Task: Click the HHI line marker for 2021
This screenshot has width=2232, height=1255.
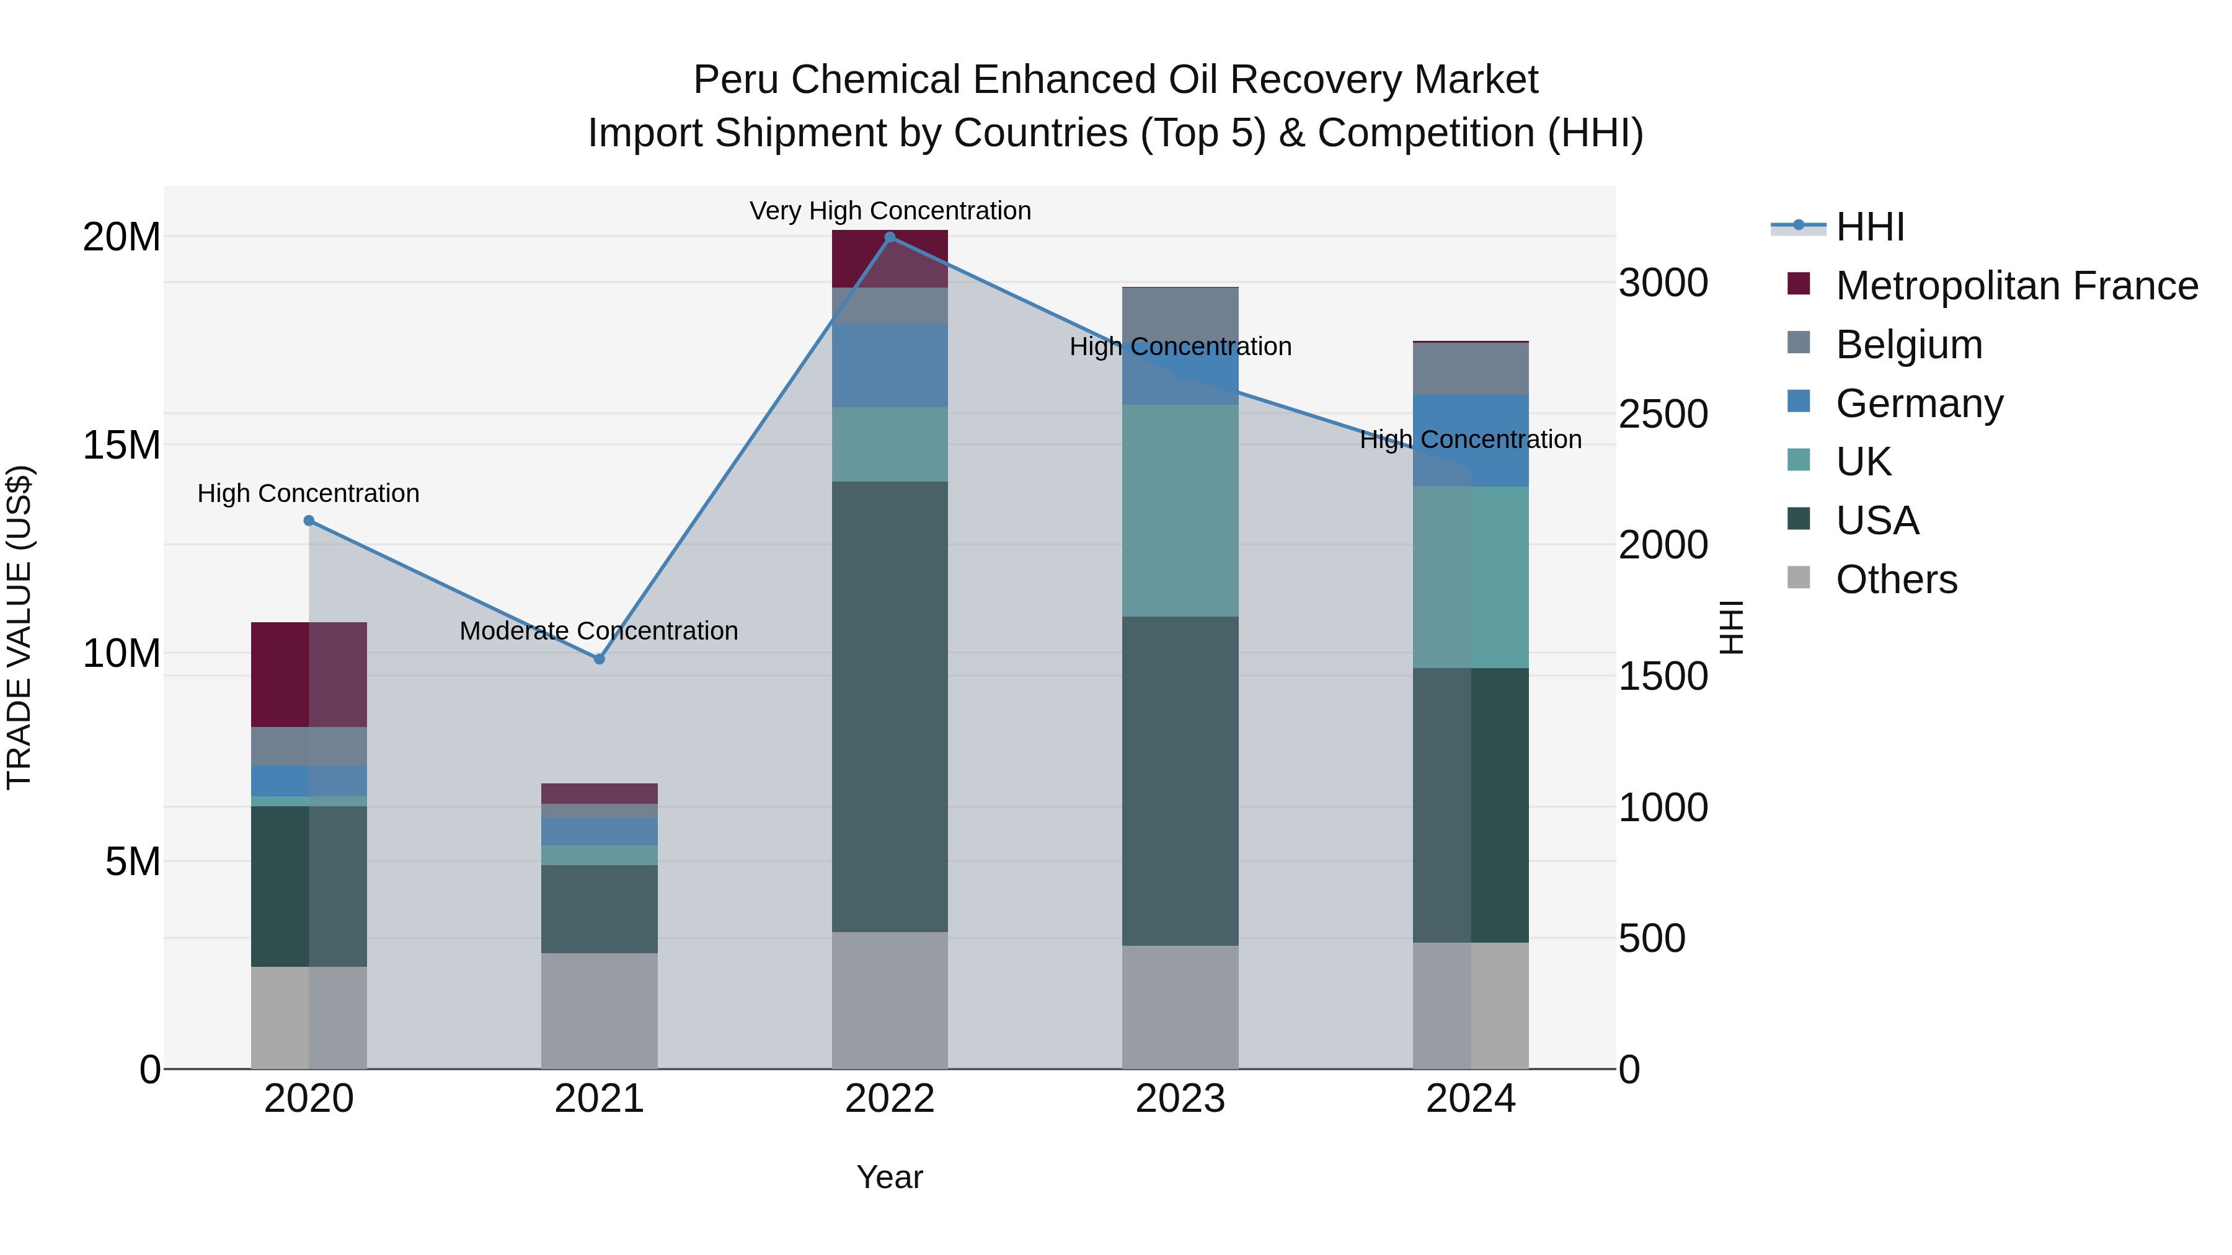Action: [x=599, y=659]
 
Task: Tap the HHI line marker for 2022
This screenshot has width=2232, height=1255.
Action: [x=890, y=237]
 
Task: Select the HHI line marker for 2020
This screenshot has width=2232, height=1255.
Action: [x=309, y=521]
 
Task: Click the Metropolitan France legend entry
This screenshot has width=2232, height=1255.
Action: [x=2016, y=286]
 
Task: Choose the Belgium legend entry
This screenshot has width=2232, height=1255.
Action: [x=1909, y=345]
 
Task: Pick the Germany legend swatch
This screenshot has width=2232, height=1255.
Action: [x=1799, y=402]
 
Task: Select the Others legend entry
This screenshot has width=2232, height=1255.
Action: [x=1896, y=579]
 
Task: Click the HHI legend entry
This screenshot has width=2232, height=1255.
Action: [x=1870, y=227]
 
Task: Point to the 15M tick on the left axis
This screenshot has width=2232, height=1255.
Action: [x=122, y=445]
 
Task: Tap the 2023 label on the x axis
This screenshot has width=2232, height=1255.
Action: [x=1180, y=1099]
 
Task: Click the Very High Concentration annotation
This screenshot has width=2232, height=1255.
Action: [x=890, y=211]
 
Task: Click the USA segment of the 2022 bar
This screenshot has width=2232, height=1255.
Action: [x=890, y=706]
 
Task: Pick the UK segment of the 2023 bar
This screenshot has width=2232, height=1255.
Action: [x=1180, y=511]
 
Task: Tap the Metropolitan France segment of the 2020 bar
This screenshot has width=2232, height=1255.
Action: [x=309, y=674]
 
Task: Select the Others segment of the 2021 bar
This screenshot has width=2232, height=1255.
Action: [x=599, y=1010]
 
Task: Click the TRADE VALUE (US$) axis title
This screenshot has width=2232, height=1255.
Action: [x=19, y=627]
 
